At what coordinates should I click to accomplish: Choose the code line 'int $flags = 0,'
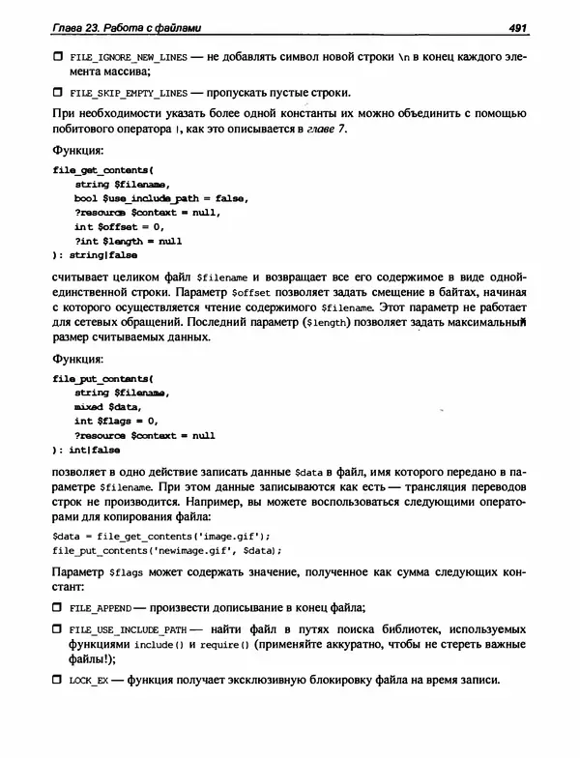[x=115, y=422]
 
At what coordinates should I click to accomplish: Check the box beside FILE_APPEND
[x=57, y=608]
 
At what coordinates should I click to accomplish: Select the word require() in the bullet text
[x=225, y=645]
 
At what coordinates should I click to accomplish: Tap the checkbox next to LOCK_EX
[x=57, y=682]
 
